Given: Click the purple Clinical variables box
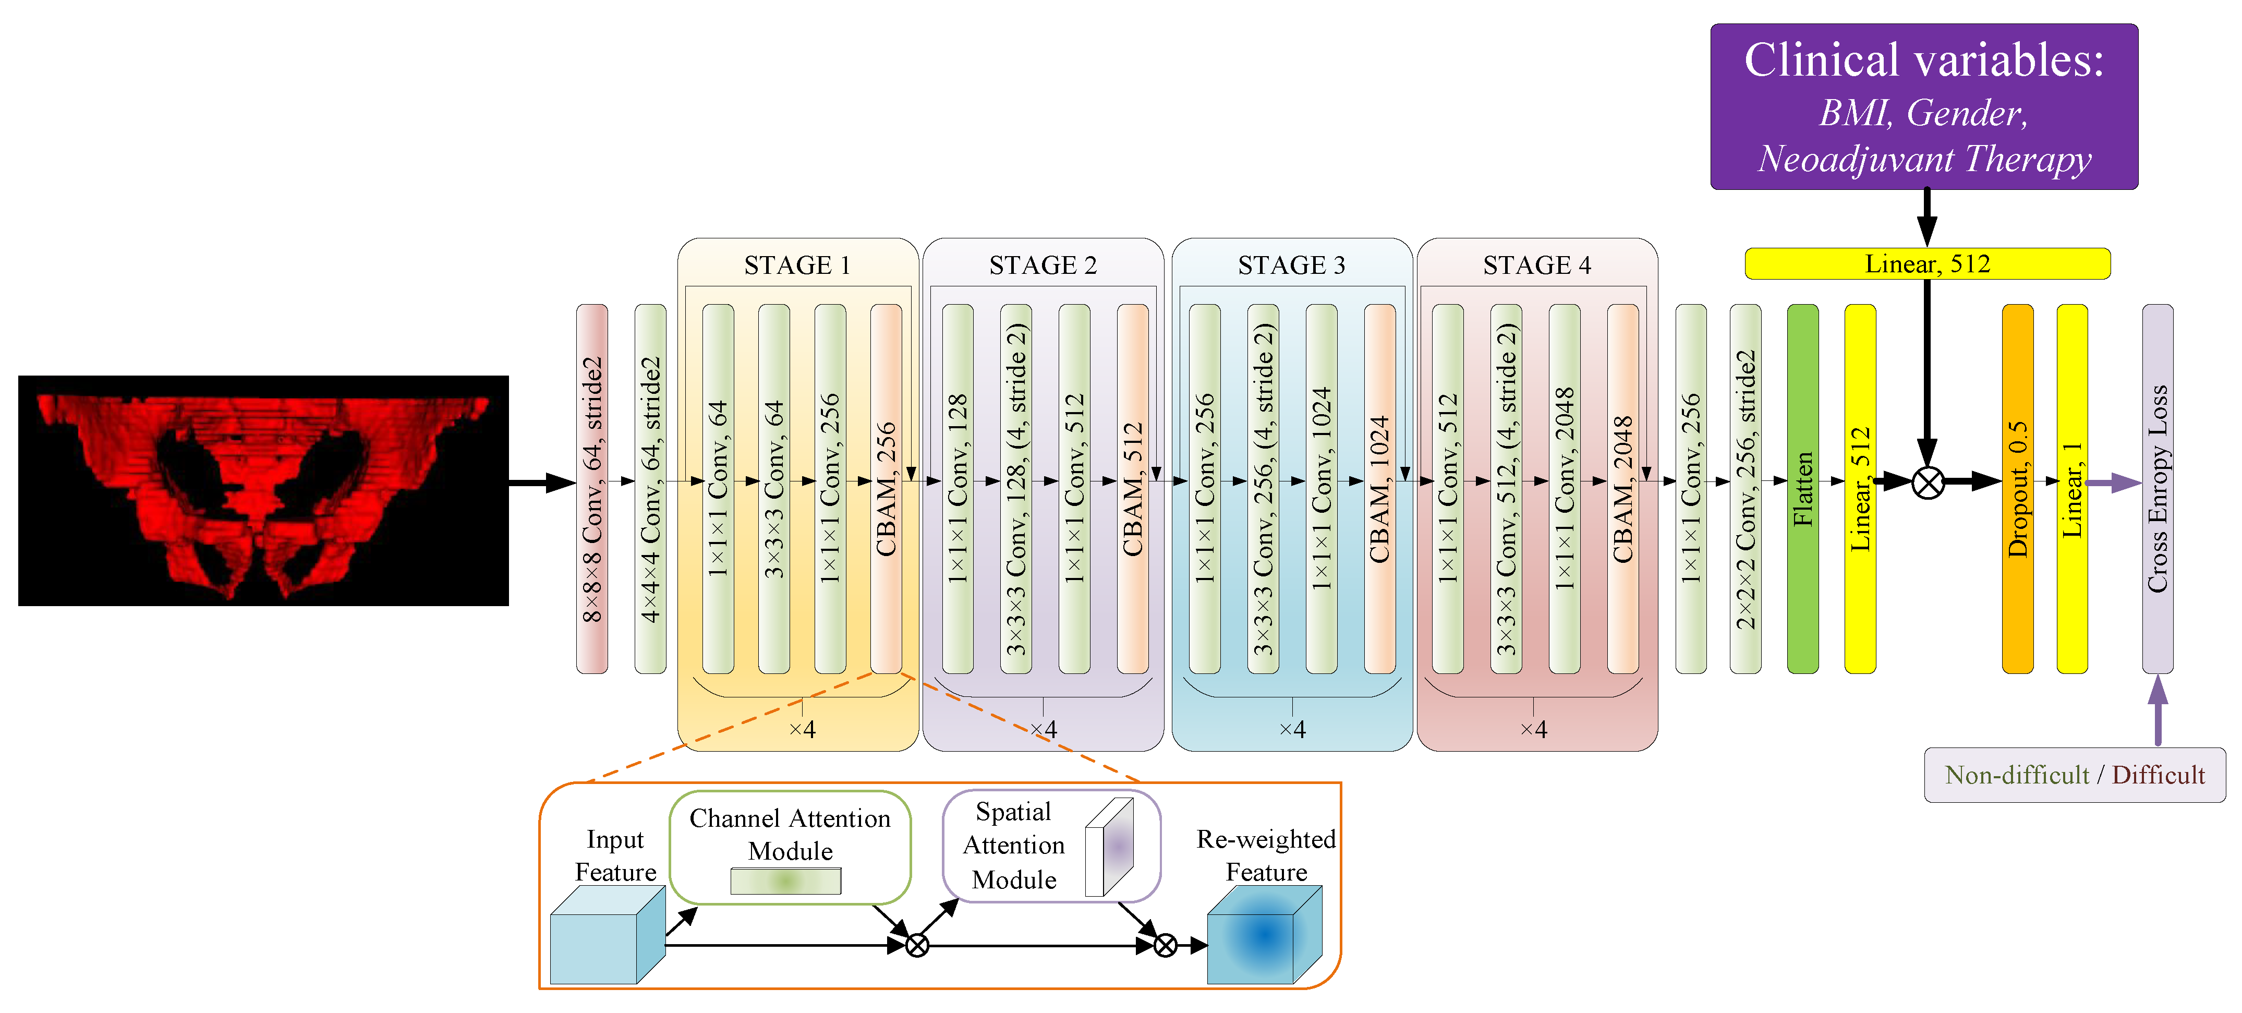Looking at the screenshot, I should coord(1923,107).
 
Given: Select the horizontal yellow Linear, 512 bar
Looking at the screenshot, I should coord(1927,264).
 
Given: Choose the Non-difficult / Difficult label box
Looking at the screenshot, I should coord(2074,775).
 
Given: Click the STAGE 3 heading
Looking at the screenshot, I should coord(1292,264).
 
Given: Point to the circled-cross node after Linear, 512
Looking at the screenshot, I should coord(1928,482).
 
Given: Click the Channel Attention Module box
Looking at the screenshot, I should coord(790,846).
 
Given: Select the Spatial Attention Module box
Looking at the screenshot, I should coord(1051,846).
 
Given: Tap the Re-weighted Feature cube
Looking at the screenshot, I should coord(1264,936).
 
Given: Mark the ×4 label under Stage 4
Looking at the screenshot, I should coord(1534,729).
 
